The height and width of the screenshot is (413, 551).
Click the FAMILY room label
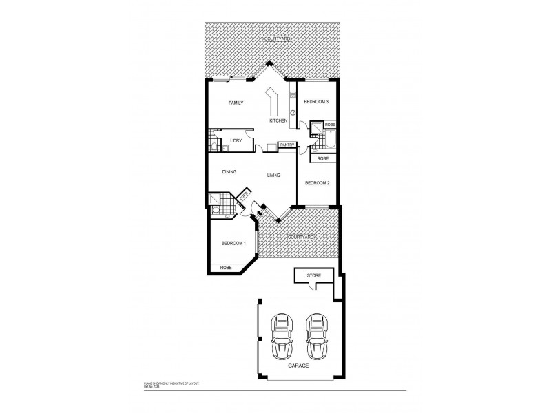click(x=236, y=103)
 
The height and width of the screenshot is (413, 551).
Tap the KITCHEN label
click(x=278, y=120)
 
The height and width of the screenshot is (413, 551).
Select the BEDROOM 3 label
click(x=317, y=102)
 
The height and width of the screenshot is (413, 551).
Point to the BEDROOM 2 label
click(x=318, y=182)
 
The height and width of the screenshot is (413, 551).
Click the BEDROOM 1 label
click(x=233, y=244)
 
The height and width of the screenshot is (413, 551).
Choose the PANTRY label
click(x=287, y=145)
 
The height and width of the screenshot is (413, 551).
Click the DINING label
click(x=229, y=172)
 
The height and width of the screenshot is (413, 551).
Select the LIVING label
click(x=273, y=176)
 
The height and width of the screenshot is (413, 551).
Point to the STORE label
click(x=313, y=275)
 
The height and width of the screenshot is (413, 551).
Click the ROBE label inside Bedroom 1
click(x=225, y=268)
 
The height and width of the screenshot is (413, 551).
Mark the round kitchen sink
click(x=293, y=112)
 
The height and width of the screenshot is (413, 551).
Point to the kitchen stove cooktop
click(x=293, y=96)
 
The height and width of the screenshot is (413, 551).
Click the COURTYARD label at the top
click(x=278, y=40)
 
